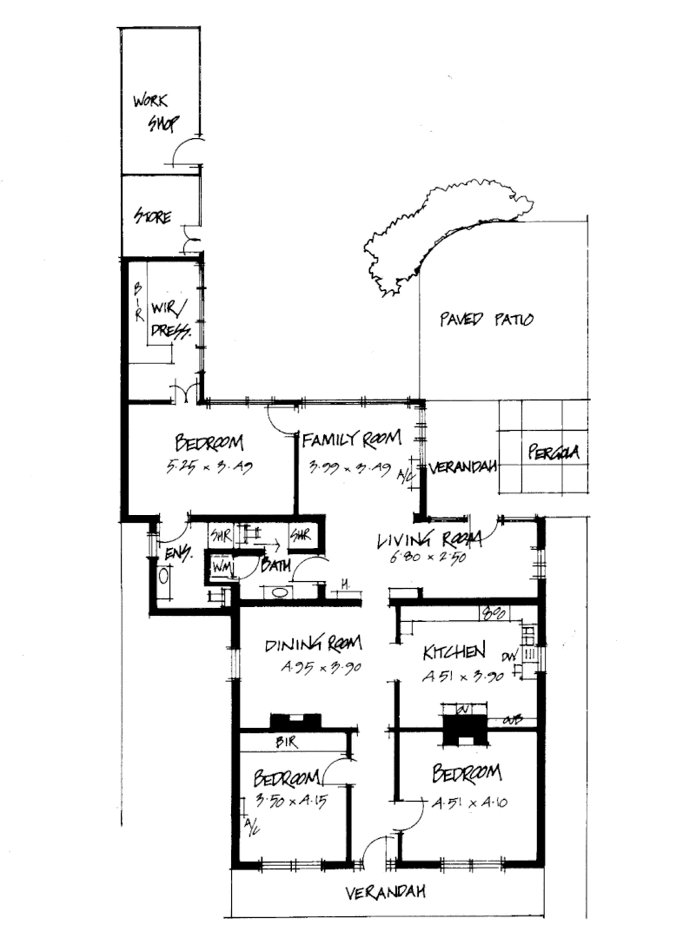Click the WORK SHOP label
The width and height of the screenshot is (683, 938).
[x=154, y=112]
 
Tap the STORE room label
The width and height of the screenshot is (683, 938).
[x=152, y=215]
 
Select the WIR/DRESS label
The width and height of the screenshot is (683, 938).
[x=169, y=320]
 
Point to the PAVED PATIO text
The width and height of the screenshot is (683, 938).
[x=486, y=320]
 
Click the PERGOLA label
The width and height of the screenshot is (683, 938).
[x=553, y=452]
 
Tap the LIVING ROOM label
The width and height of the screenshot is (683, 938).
[x=422, y=541]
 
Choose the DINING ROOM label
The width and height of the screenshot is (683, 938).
[x=313, y=644]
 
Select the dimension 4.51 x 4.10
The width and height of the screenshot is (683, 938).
[x=470, y=803]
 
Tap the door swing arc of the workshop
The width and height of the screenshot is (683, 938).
[x=185, y=154]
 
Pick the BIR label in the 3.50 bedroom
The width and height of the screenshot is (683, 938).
[x=287, y=743]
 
